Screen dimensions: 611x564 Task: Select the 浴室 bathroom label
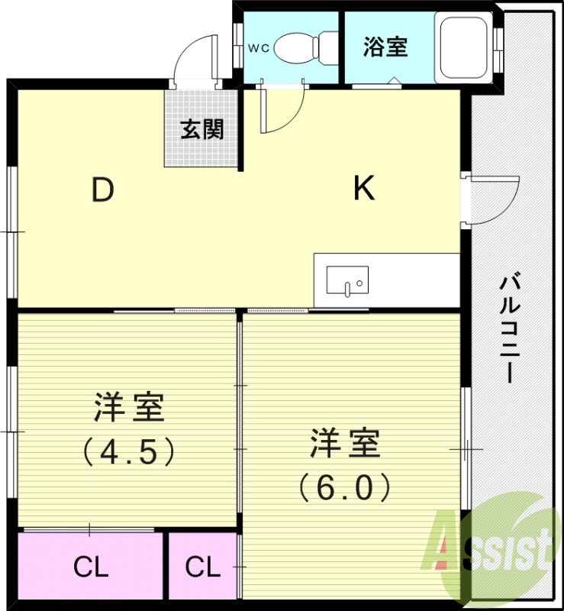point(385,47)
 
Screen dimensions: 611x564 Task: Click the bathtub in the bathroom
point(463,47)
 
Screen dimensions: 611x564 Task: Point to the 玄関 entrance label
point(202,129)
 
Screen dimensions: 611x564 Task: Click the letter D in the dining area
point(102,190)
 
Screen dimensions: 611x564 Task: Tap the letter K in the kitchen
point(364,189)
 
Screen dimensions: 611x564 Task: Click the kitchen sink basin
point(347,280)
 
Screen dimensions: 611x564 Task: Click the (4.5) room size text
point(129,451)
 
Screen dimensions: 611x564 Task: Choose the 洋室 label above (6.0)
point(345,444)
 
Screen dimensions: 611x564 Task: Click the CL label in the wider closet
point(91,567)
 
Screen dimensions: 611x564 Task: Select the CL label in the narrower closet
point(203,567)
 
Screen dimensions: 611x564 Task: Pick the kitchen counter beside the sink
point(412,280)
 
